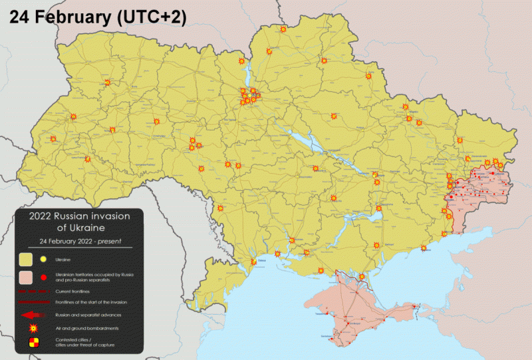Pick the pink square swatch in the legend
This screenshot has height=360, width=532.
(27, 276)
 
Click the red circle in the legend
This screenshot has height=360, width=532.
(43, 276)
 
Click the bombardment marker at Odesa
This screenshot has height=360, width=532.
(252, 264)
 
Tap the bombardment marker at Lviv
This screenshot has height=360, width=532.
(54, 140)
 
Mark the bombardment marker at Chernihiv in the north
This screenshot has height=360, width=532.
(269, 51)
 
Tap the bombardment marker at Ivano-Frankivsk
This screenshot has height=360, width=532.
(87, 160)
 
